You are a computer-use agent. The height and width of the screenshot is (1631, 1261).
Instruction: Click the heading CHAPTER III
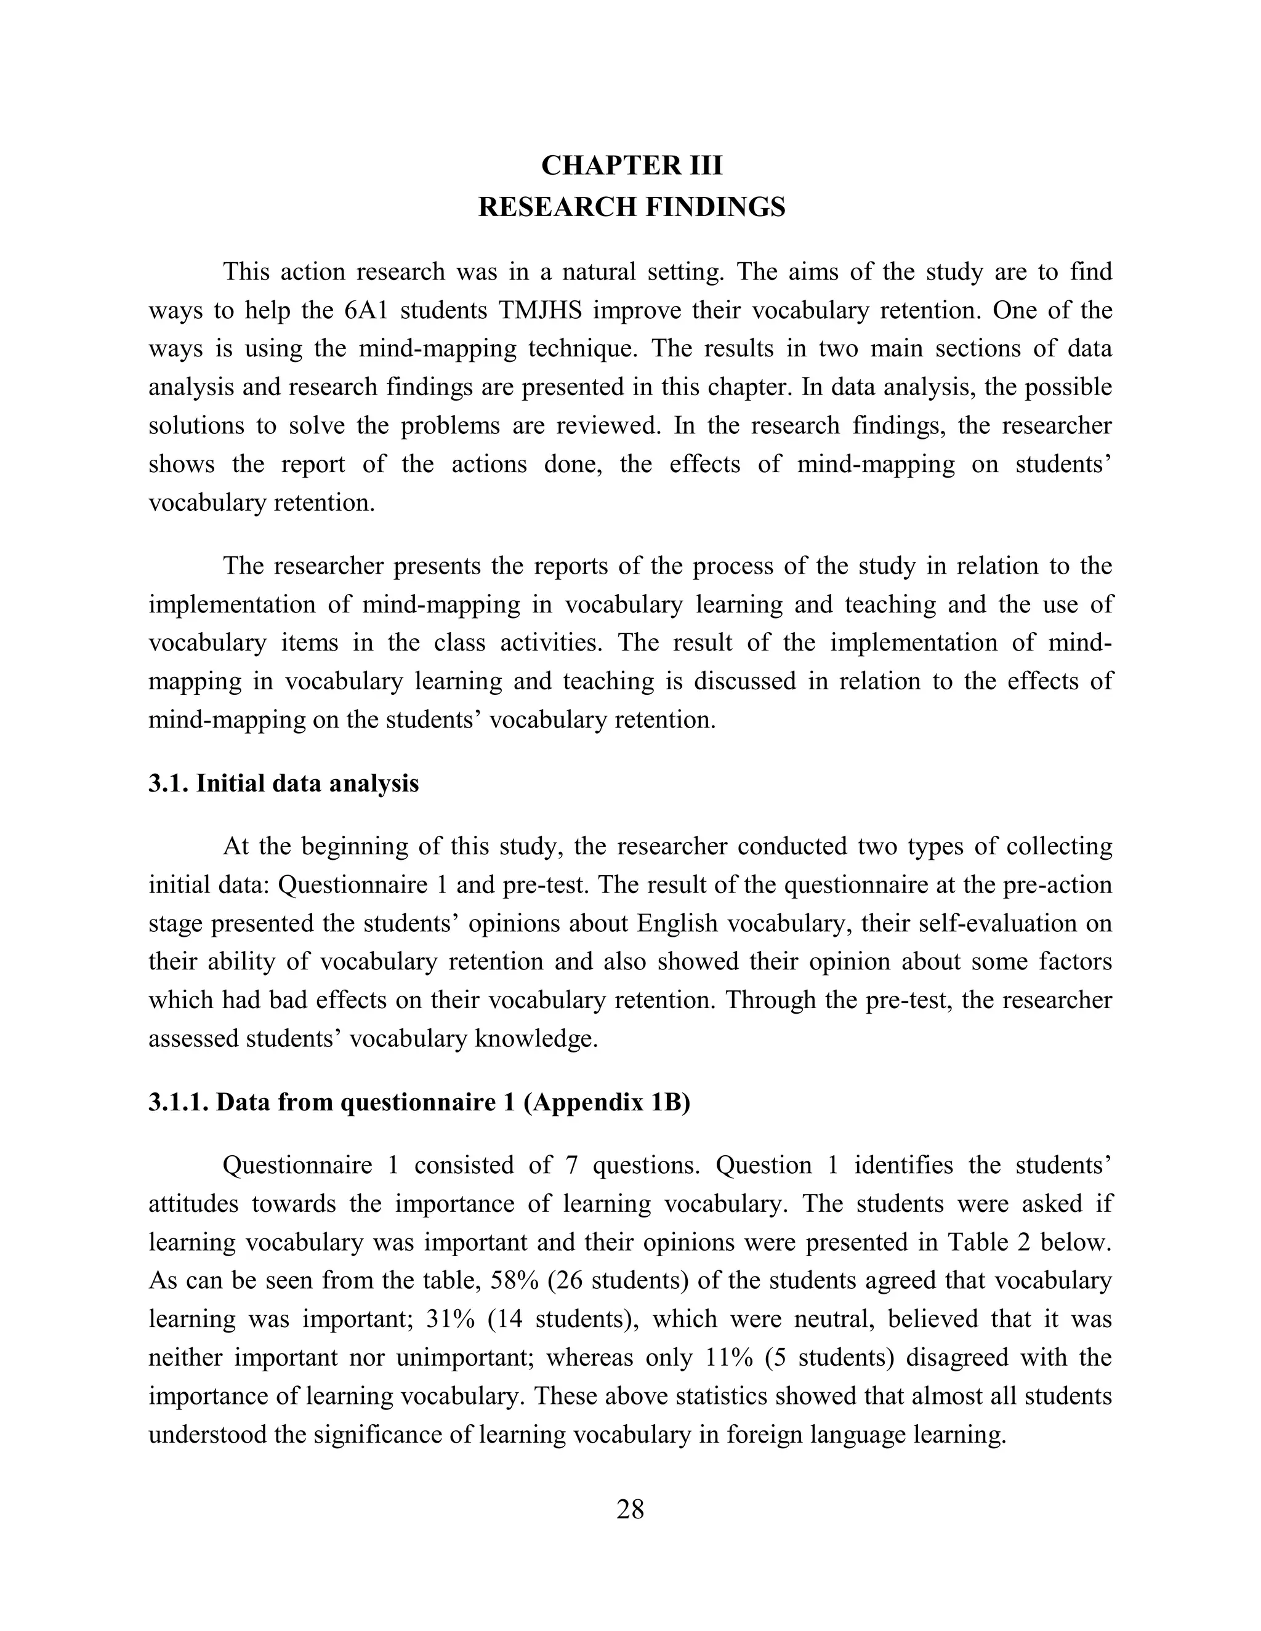tap(631, 166)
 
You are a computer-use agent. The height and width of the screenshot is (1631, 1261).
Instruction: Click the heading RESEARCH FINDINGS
tap(631, 207)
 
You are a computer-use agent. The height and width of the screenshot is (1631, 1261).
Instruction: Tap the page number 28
tap(630, 1509)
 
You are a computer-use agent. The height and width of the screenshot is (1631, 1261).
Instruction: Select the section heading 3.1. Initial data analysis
tap(283, 783)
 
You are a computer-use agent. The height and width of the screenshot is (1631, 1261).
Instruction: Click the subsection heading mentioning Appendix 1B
tap(419, 1102)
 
